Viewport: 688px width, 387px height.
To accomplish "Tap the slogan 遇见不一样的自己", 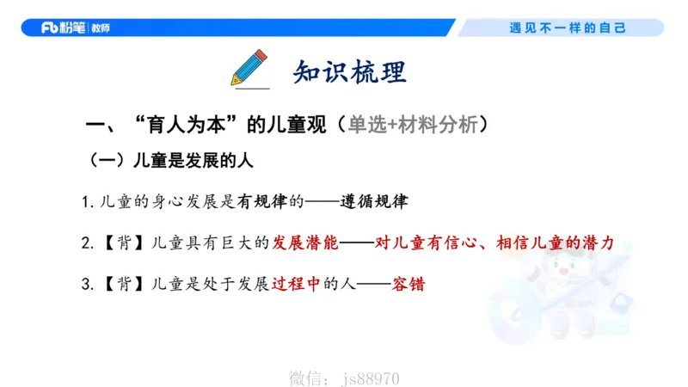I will pyautogui.click(x=568, y=28).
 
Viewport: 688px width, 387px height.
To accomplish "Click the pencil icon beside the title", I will pyautogui.click(x=249, y=68).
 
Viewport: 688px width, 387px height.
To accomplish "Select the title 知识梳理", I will pyautogui.click(x=348, y=71).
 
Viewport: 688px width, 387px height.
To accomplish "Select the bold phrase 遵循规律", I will pyautogui.click(x=375, y=203).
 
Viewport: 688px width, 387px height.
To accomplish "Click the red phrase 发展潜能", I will pyautogui.click(x=306, y=243).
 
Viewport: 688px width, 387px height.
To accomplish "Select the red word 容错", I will pyautogui.click(x=408, y=284).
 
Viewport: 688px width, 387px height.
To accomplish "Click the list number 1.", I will pyautogui.click(x=86, y=204).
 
